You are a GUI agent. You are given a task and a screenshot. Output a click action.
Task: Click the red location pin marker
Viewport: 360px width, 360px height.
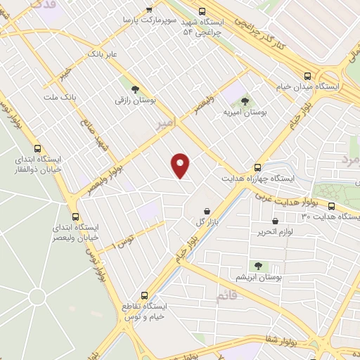181,165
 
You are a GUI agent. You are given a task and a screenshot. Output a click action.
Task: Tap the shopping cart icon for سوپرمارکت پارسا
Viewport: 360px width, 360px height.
148,9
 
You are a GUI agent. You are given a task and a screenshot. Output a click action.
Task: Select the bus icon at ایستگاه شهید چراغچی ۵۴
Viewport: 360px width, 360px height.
202,11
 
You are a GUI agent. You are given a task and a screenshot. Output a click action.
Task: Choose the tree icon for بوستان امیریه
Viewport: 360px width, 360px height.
245,102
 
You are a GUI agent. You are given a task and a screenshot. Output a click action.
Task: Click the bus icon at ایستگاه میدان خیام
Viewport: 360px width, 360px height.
307,75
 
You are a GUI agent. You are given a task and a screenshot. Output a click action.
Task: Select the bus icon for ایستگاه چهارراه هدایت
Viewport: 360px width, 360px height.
258,167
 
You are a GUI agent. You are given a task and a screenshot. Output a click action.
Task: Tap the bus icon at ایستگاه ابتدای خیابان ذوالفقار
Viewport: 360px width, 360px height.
37,149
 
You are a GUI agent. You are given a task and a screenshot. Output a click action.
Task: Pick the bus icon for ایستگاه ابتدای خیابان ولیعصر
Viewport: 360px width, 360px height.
75,217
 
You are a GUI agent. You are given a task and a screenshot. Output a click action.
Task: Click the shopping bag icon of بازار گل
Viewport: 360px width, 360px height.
207,211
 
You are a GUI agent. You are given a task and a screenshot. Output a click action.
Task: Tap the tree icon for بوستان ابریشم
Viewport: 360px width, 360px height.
258,266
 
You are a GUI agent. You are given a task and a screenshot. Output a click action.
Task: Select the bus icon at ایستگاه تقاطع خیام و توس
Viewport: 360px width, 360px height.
144,295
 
